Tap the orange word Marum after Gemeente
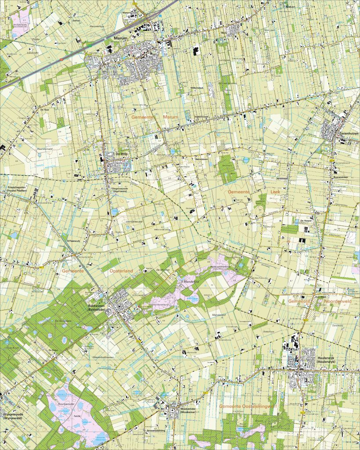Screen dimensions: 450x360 pyautogui.click(x=170, y=117)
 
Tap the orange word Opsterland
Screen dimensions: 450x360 pyautogui.click(x=120, y=271)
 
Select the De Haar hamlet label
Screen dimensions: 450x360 pyautogui.click(x=44, y=110)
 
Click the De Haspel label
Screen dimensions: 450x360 pyautogui.click(x=306, y=221)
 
